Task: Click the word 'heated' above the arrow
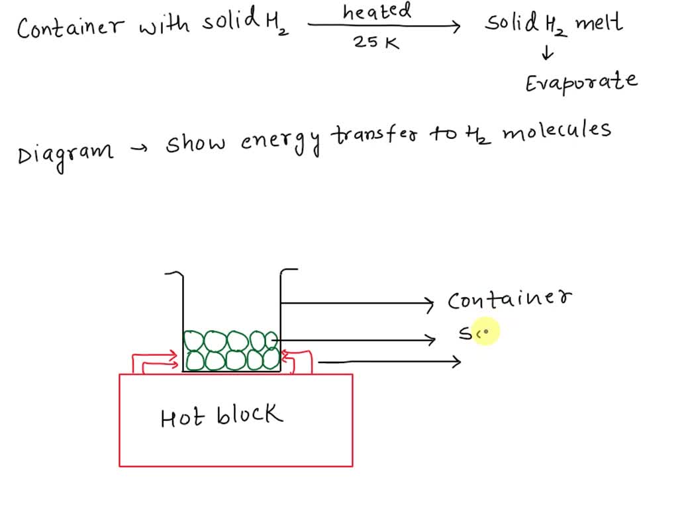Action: coord(377,11)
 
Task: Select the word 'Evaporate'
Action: coord(581,83)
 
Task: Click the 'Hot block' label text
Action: coord(221,417)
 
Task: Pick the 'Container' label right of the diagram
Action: coord(510,300)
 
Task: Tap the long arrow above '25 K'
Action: coord(384,27)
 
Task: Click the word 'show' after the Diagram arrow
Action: coord(196,142)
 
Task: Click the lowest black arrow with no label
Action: coord(389,361)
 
